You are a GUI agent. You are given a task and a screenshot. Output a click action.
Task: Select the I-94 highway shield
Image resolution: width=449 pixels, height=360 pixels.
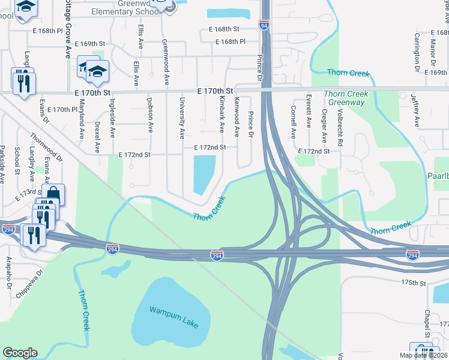(x=264, y=25)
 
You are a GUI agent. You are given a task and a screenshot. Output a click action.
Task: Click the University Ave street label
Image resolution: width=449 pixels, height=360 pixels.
(x=182, y=117)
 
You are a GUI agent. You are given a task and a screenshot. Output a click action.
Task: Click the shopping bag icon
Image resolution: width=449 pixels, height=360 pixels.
(x=53, y=194)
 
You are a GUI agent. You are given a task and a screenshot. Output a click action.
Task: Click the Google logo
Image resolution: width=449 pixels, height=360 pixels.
(x=20, y=353)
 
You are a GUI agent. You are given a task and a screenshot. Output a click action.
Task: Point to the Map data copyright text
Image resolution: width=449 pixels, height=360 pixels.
(x=423, y=355)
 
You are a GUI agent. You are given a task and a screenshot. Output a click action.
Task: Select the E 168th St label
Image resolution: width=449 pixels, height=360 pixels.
(x=224, y=29)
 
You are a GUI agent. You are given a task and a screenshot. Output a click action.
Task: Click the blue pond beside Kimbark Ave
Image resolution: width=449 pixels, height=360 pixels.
(x=204, y=173)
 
